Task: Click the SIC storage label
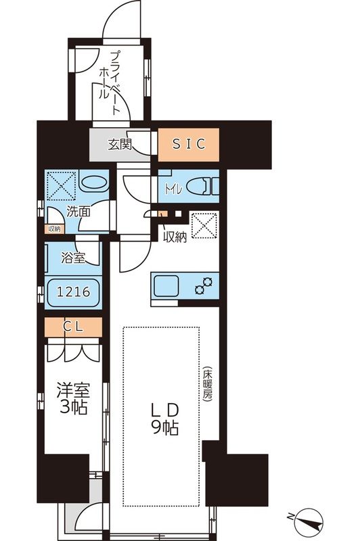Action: [189, 143]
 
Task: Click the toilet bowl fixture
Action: [198, 185]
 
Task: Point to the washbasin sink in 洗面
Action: [93, 184]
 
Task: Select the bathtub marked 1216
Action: [72, 293]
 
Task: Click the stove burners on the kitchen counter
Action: [203, 286]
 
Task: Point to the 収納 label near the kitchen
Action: [175, 236]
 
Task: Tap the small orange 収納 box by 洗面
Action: [53, 229]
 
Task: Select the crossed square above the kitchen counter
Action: [205, 227]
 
